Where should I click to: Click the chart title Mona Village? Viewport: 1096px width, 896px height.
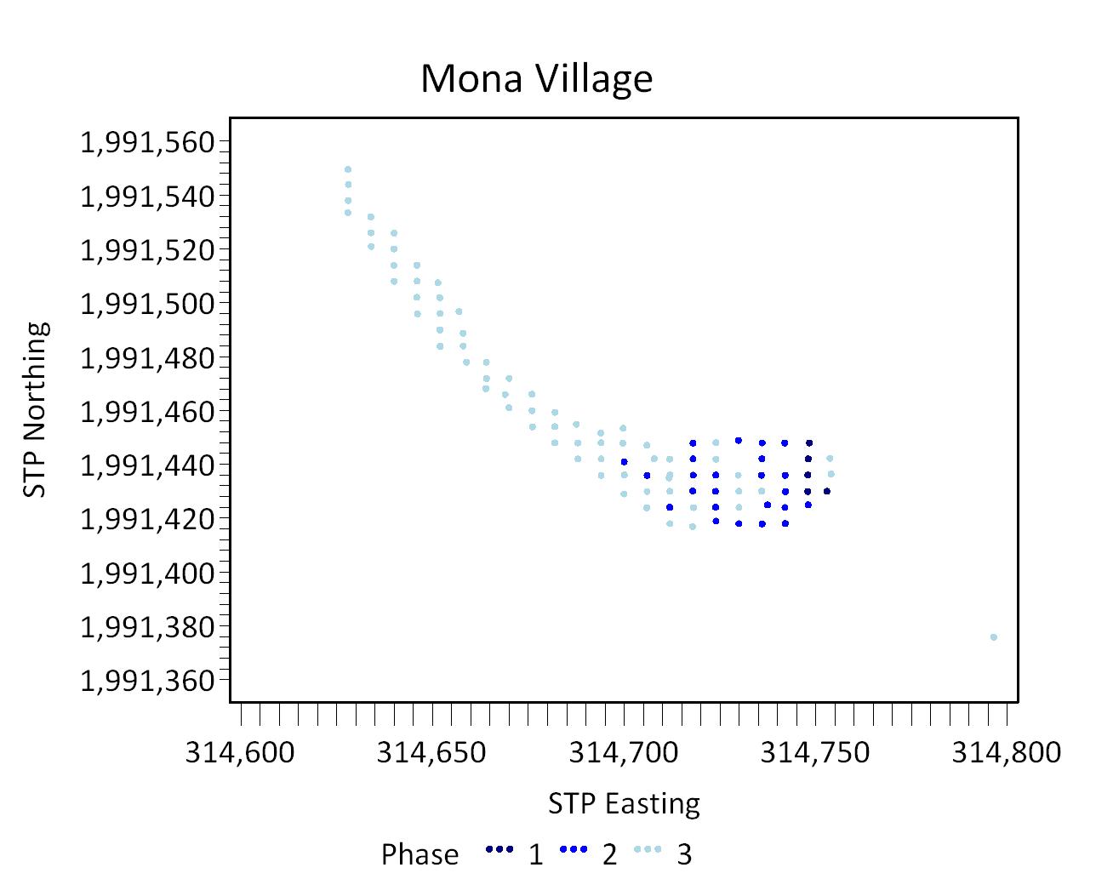(536, 79)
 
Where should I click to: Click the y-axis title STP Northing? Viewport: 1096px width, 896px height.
(36, 409)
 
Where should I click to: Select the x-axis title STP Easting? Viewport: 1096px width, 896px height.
(624, 804)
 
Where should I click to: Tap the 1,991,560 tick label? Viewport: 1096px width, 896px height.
(147, 142)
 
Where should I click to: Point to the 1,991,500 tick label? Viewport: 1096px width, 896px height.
(147, 304)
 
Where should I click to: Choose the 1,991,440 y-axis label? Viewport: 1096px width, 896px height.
(147, 465)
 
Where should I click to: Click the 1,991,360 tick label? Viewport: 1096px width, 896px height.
(147, 681)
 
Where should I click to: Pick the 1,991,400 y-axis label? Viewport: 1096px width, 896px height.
(147, 574)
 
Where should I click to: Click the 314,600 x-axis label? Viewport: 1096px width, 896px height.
(240, 753)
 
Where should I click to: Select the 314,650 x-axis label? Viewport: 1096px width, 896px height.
(431, 753)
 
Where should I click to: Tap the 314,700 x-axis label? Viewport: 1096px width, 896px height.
(624, 753)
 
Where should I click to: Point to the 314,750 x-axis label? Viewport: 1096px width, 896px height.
(815, 753)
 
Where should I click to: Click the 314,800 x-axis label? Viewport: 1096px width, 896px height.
(1007, 753)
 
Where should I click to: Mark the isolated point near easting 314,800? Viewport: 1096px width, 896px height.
(994, 637)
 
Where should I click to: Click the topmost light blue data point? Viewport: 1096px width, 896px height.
(348, 169)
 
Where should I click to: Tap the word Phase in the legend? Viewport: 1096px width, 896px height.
(420, 854)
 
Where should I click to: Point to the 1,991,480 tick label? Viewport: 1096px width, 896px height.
(147, 358)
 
